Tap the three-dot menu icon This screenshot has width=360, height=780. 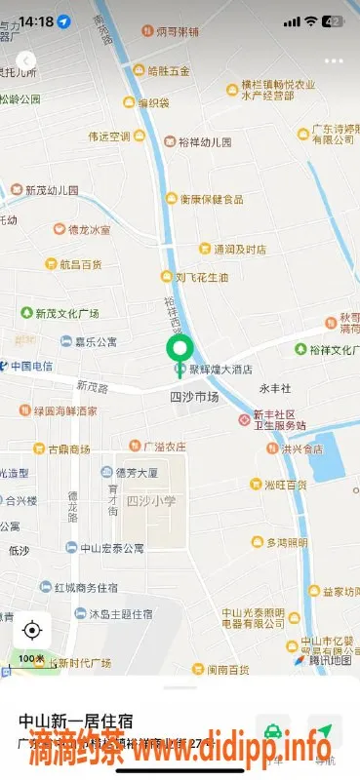point(335,60)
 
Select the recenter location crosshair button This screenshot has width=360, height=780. point(31,630)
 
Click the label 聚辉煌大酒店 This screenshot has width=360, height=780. point(220,370)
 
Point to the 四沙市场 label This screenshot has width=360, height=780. point(194,397)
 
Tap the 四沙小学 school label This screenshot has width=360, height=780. point(151,500)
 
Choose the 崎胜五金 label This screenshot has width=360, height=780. point(168,71)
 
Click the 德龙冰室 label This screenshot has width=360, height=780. point(89,230)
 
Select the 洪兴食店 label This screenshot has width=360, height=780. point(300,448)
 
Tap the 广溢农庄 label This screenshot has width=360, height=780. point(164,448)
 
